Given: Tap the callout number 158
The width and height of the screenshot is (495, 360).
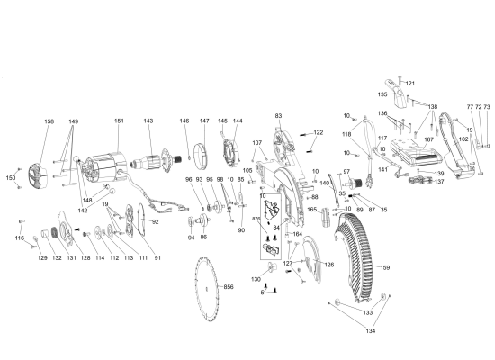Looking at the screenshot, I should pos(49,121).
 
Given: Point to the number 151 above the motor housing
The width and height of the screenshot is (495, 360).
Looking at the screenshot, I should pos(119,121).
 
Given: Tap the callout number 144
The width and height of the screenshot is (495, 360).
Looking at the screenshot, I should pos(238,121).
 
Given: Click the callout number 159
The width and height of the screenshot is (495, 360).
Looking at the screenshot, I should pos(384,267).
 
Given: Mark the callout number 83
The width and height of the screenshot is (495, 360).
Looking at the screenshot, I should pos(278,116).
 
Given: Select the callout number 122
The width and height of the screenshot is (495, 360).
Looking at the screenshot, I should pos(318,132).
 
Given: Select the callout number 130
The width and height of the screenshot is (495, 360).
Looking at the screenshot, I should pos(256,279).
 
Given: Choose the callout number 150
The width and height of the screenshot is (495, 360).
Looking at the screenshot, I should pos(11,178).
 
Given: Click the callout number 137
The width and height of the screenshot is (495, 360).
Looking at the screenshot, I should pos(439,182).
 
